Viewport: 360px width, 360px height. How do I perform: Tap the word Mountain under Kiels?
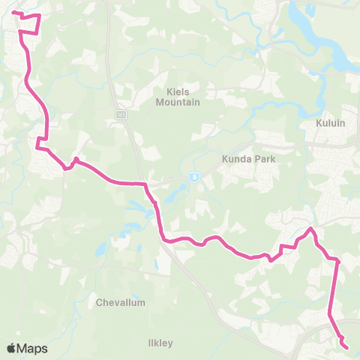click(x=177, y=102)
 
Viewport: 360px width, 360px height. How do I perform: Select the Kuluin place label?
click(x=330, y=123)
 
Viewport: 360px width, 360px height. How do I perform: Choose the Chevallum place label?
click(x=121, y=303)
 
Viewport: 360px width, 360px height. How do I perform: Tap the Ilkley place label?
click(x=160, y=343)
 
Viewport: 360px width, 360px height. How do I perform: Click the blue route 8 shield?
click(x=194, y=178)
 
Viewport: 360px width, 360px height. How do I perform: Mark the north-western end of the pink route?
click(x=13, y=12)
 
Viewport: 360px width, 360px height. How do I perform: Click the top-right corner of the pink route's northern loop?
click(x=39, y=14)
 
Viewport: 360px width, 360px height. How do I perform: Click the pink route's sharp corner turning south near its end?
click(x=338, y=261)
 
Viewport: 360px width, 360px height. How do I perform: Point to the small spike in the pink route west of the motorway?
click(x=76, y=159)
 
